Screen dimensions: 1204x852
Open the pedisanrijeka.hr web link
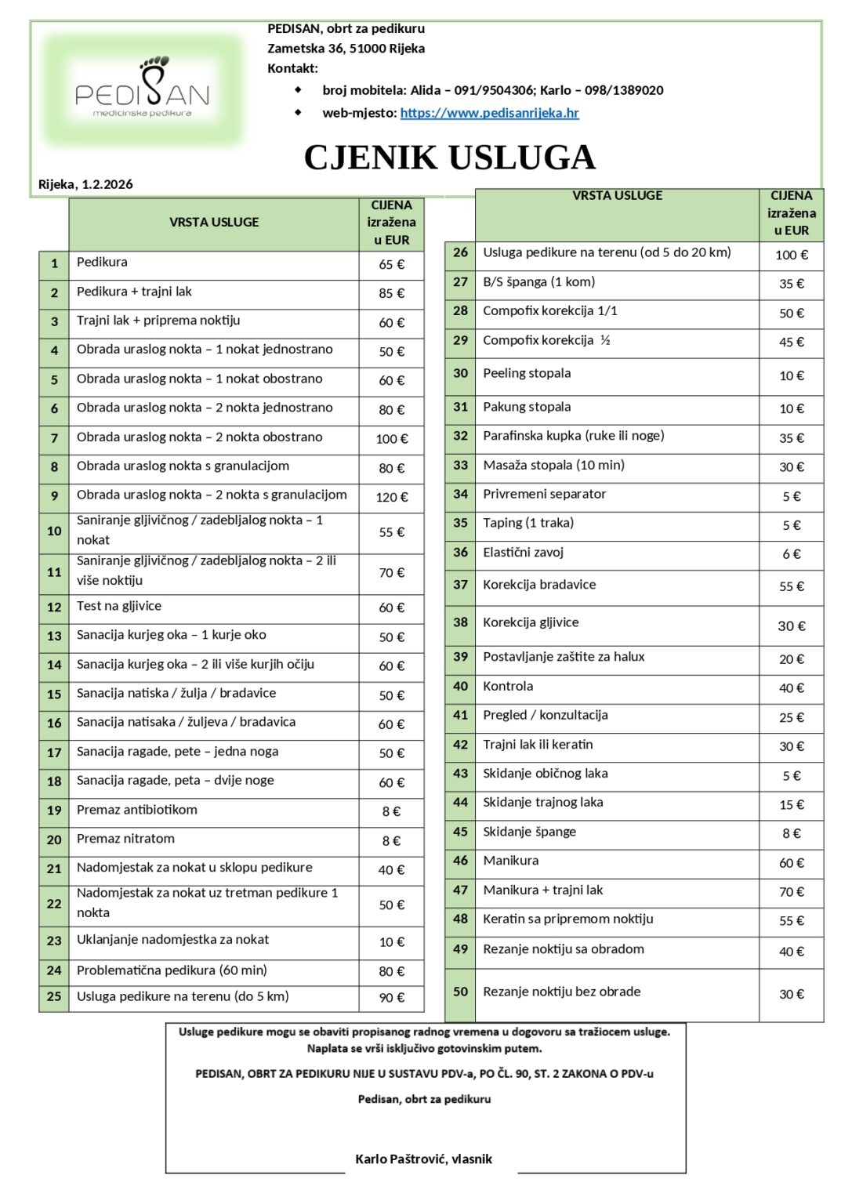point(489,113)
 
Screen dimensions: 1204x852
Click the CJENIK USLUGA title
point(449,158)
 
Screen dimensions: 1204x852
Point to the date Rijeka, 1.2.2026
point(85,185)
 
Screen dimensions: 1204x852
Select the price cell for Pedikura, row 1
point(391,265)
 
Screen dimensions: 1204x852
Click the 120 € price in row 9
point(391,497)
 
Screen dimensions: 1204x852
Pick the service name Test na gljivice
point(118,606)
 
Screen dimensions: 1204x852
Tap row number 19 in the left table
point(54,811)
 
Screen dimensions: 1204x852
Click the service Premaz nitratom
point(125,839)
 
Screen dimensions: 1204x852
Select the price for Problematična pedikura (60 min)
point(391,971)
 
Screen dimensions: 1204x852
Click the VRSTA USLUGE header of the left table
point(214,223)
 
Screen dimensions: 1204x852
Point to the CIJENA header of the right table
point(791,212)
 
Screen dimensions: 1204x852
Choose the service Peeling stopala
point(527,373)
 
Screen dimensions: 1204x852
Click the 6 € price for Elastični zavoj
point(791,554)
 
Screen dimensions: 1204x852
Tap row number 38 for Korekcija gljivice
point(460,622)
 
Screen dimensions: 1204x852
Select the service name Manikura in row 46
point(510,861)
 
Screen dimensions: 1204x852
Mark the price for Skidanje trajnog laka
point(791,805)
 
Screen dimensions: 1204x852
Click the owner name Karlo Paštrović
point(423,1159)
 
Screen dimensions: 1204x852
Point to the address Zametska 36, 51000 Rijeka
point(346,49)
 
